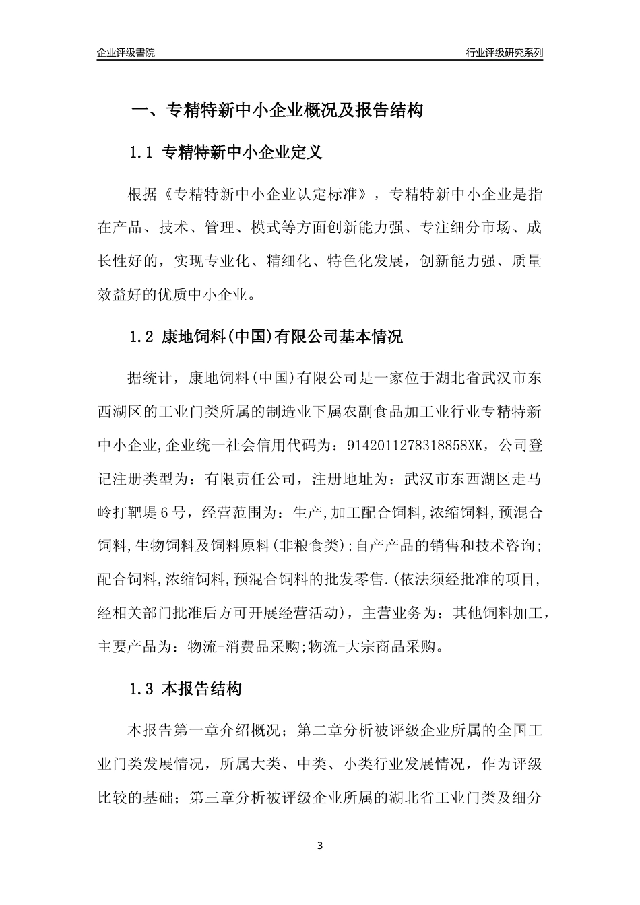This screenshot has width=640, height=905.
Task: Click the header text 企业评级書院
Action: click(x=126, y=53)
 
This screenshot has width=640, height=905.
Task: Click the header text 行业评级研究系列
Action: click(x=504, y=53)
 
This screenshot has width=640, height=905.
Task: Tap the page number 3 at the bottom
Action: click(x=320, y=846)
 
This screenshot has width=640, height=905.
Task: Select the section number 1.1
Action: click(x=142, y=153)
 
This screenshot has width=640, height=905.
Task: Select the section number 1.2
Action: click(x=142, y=337)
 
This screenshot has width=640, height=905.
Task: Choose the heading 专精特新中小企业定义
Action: click(x=243, y=153)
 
